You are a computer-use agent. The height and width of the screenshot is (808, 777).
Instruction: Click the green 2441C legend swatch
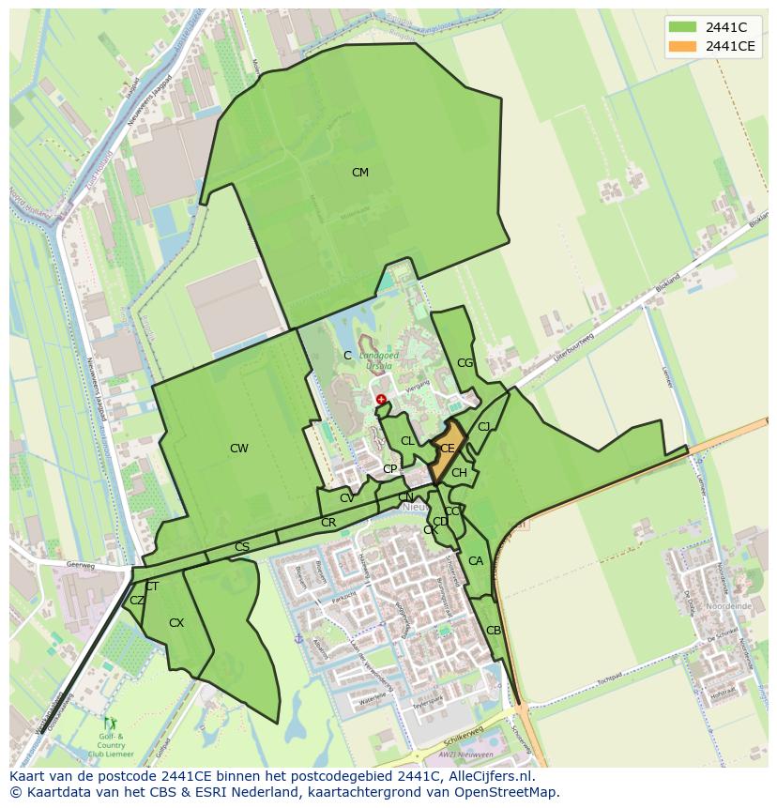pos(682,27)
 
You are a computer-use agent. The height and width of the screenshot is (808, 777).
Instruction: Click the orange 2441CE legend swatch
pos(682,47)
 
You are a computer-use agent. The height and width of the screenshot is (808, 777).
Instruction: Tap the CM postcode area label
pos(359,173)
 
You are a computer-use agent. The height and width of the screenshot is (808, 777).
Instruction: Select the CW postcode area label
pos(239,449)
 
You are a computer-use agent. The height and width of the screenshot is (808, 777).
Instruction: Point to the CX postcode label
pos(176,623)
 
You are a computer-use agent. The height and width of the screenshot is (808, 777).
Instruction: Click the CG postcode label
pos(465,363)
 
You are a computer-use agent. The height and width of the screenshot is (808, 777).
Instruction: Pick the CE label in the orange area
pos(448,450)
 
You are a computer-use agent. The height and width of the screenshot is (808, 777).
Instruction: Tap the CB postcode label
pos(494,631)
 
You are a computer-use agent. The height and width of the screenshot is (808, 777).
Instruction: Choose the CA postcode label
pos(476,562)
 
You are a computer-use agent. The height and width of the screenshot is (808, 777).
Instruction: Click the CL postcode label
pos(407,441)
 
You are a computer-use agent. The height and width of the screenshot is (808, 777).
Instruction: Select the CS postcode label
pos(242,547)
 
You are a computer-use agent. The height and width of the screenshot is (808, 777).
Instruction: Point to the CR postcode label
pos(328,523)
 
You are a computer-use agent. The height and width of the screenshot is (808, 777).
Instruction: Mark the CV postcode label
pos(347,498)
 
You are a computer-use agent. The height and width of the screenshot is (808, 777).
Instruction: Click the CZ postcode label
pos(137,601)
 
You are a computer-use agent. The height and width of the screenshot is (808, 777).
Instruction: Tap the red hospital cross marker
pos(381,400)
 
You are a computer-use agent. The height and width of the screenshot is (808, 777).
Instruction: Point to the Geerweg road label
pos(83,566)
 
